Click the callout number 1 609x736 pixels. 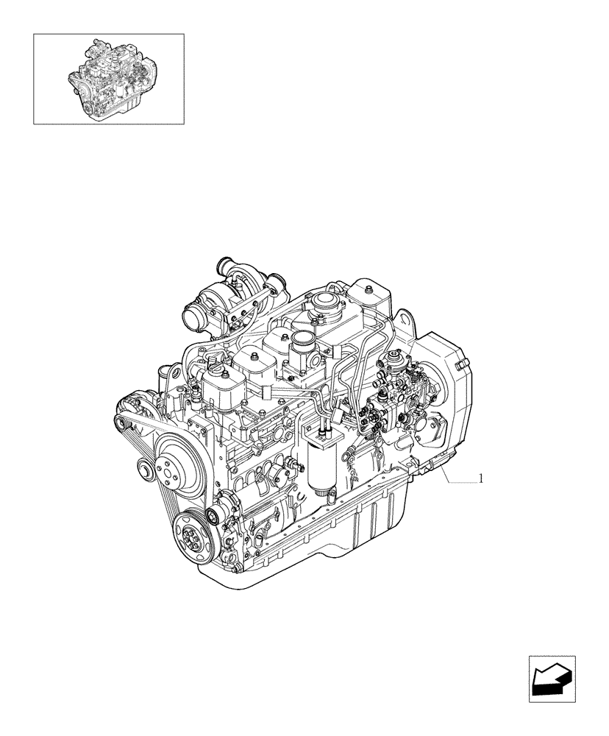[480, 478]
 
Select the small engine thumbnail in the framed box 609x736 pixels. [109, 78]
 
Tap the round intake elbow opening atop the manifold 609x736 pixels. [302, 339]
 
